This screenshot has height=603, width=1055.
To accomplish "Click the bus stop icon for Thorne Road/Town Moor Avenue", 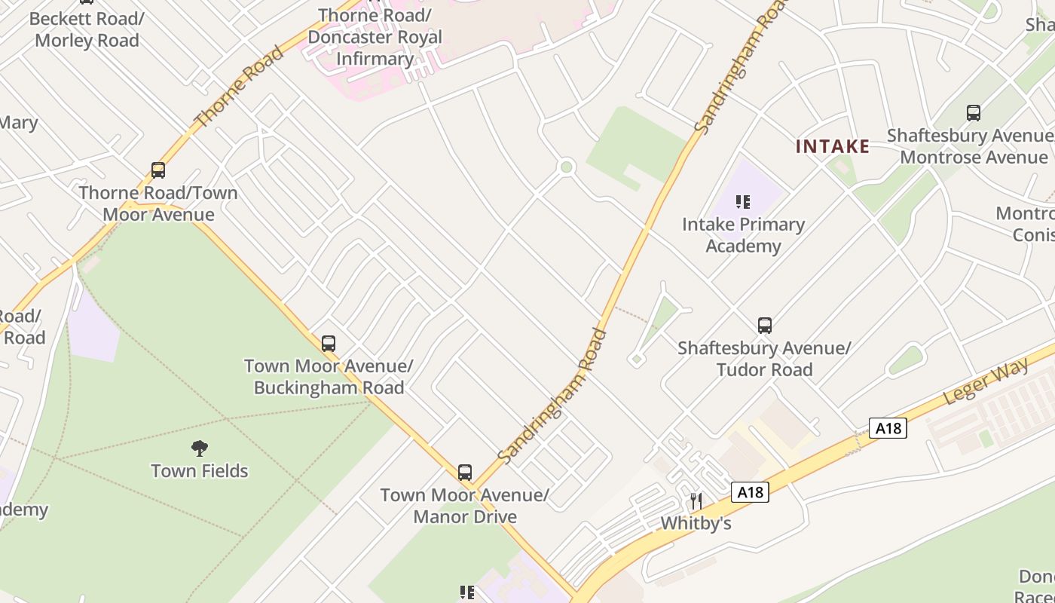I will [x=158, y=170].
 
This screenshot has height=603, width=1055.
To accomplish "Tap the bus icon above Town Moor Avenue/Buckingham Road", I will [x=329, y=344].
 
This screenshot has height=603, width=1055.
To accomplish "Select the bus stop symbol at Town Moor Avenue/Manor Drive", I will [x=465, y=473].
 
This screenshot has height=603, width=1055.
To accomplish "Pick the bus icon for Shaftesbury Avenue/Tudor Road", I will [x=765, y=326].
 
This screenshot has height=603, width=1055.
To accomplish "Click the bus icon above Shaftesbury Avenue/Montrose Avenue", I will [x=974, y=113].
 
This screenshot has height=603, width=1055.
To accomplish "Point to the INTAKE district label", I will [x=833, y=146].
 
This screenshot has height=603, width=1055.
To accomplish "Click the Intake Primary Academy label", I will [x=743, y=235].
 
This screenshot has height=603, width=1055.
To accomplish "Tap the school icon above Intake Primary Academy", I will [x=743, y=201].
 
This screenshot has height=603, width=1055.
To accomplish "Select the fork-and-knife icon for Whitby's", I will [x=696, y=500].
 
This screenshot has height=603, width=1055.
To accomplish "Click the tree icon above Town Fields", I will [x=200, y=448].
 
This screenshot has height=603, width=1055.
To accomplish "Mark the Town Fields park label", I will [x=200, y=471].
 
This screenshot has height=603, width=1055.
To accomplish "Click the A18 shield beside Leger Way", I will [x=888, y=428].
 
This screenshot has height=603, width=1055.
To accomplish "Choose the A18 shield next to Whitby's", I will [x=750, y=493].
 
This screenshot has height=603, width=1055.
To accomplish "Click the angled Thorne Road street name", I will [x=239, y=86].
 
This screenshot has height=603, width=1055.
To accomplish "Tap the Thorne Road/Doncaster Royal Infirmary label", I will [x=375, y=37].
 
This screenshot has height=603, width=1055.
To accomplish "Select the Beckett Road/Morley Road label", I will [x=87, y=29].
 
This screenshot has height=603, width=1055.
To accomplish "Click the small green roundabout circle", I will [x=567, y=167].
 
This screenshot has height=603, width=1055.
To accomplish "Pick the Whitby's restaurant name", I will [x=696, y=523].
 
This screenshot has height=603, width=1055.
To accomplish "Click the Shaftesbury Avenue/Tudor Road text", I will [x=764, y=359].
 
